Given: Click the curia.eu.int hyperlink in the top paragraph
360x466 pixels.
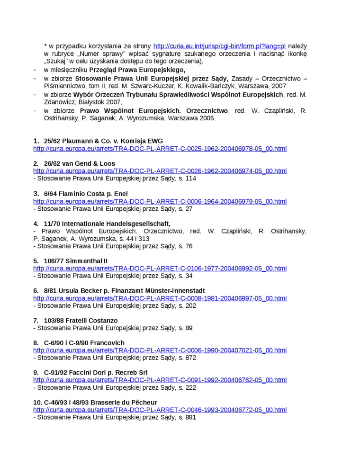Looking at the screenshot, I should click(x=219, y=46).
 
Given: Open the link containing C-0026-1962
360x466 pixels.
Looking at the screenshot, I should click(x=160, y=171).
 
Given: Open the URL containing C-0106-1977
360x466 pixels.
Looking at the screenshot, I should click(x=160, y=269).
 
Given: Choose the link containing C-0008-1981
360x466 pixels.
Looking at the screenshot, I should click(x=160, y=298).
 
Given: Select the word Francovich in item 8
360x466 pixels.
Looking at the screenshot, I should click(x=108, y=343).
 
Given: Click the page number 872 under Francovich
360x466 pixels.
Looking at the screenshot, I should click(x=191, y=358).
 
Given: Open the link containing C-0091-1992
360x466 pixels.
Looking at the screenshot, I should click(x=160, y=380).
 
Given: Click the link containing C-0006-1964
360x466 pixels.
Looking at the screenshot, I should click(x=160, y=201).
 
